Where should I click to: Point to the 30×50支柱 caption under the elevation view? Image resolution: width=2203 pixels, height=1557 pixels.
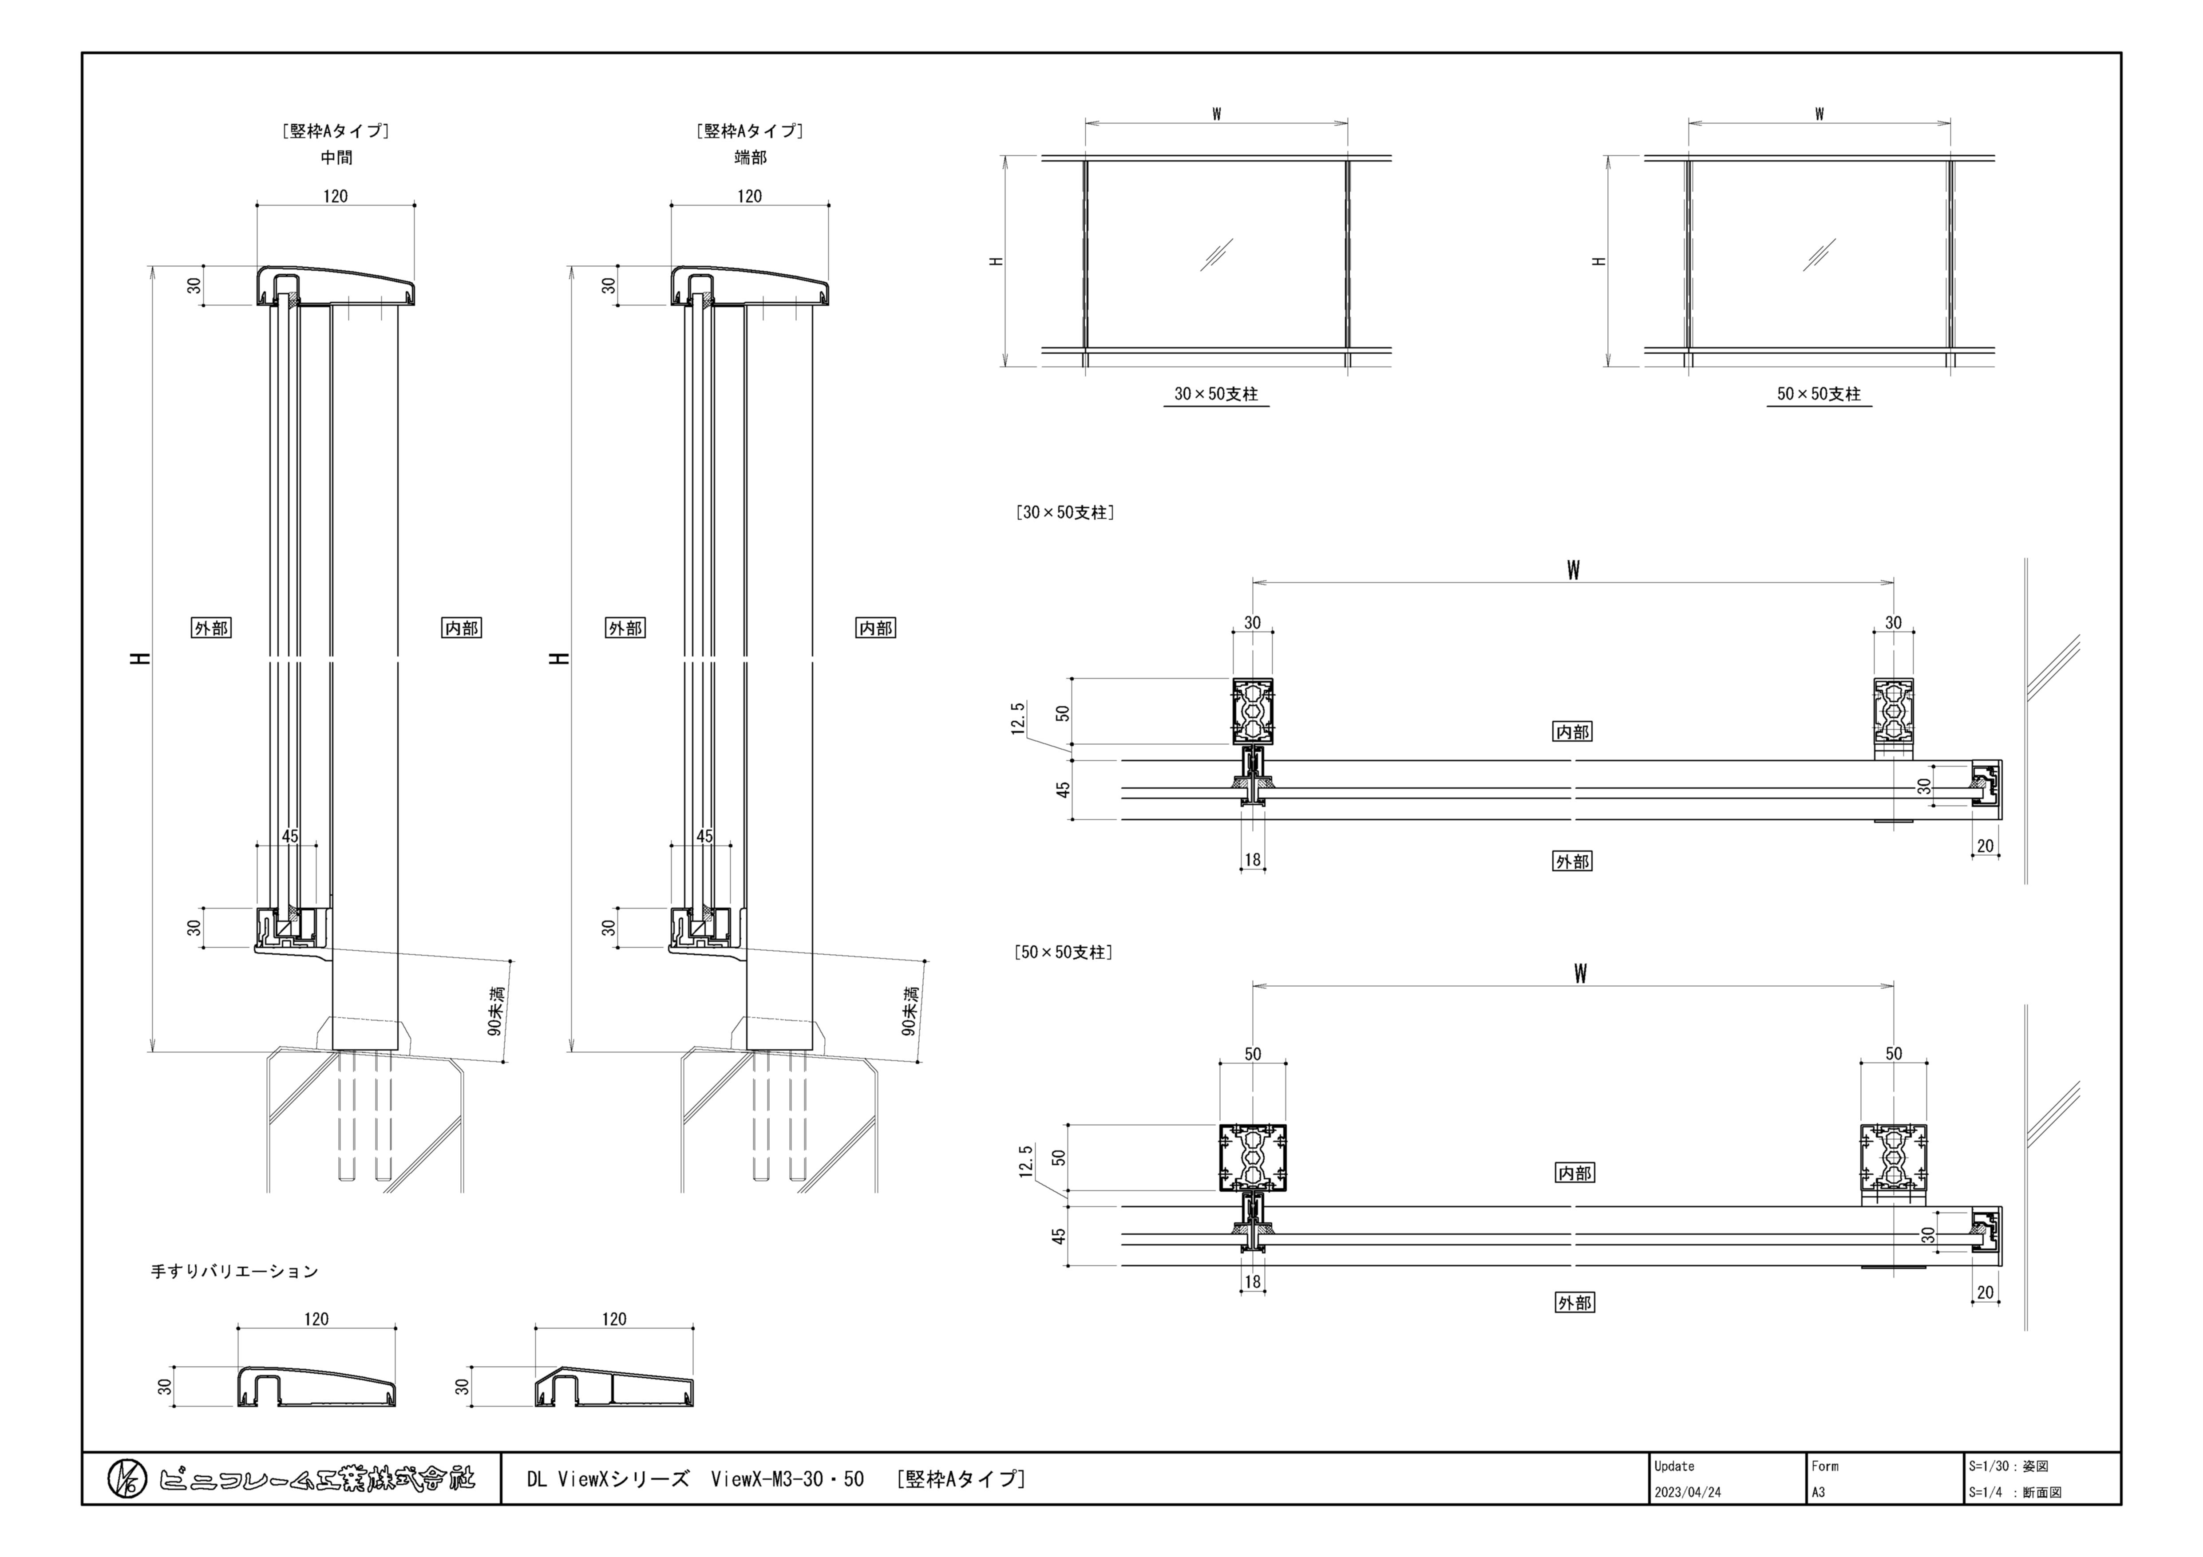click(1216, 394)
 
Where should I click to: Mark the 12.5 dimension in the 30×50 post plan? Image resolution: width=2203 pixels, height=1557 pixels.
click(1019, 719)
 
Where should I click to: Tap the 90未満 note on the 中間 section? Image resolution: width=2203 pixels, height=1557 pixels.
click(495, 1011)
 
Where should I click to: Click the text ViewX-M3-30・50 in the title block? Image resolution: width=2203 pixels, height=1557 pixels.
click(787, 1479)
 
